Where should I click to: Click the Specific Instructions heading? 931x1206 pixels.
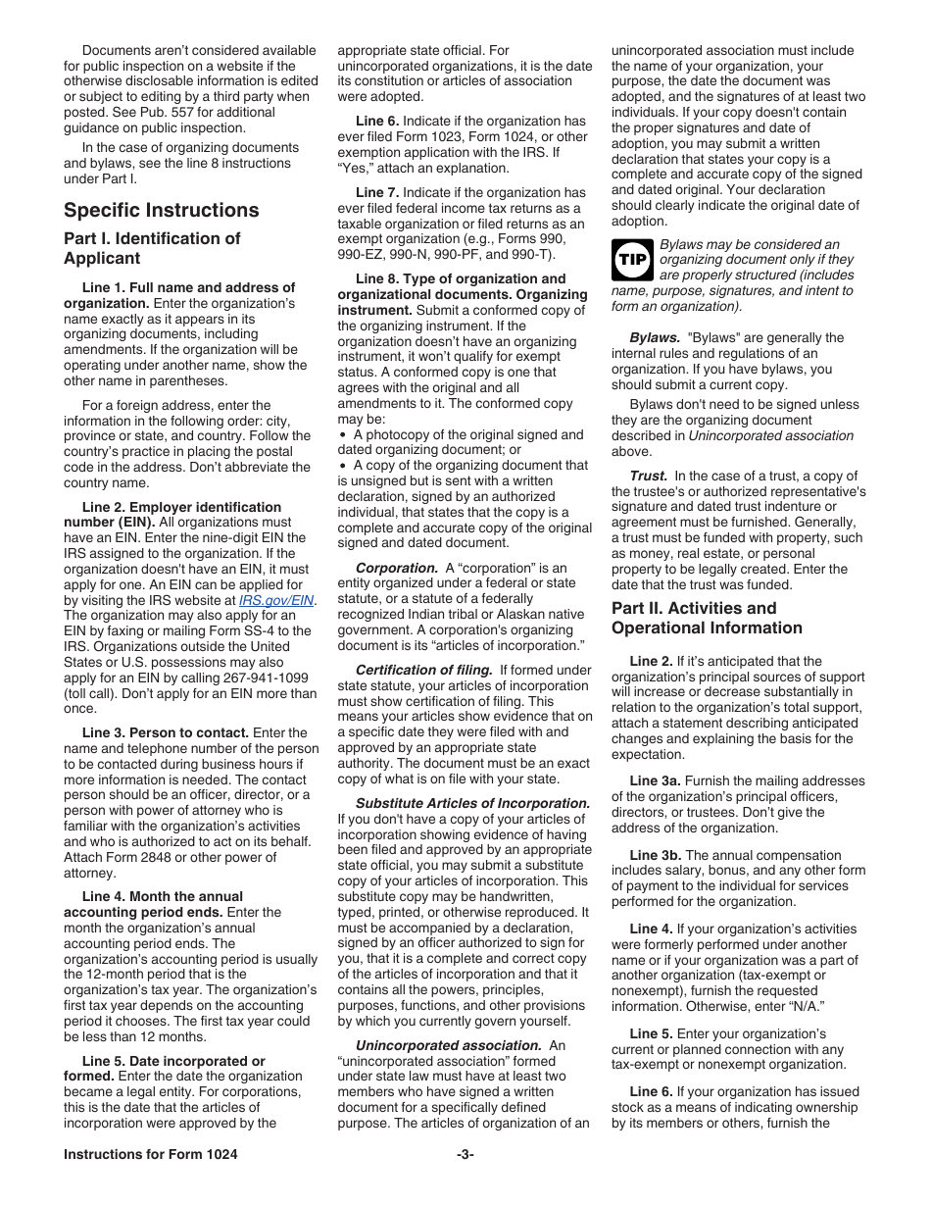click(x=162, y=210)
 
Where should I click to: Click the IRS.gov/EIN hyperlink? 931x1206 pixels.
click(x=277, y=600)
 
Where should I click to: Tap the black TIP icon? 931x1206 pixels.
click(x=632, y=260)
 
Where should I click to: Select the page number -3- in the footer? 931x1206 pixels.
click(x=465, y=1154)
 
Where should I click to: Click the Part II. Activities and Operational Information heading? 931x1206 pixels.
click(x=707, y=618)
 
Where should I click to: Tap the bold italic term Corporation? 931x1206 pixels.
click(x=396, y=568)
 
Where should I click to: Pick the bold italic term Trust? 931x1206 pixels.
click(x=648, y=476)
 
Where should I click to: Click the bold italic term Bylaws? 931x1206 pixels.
click(x=655, y=337)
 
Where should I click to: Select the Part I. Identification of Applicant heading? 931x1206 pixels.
click(x=152, y=248)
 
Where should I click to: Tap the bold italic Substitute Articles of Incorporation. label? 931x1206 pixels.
click(x=472, y=803)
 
